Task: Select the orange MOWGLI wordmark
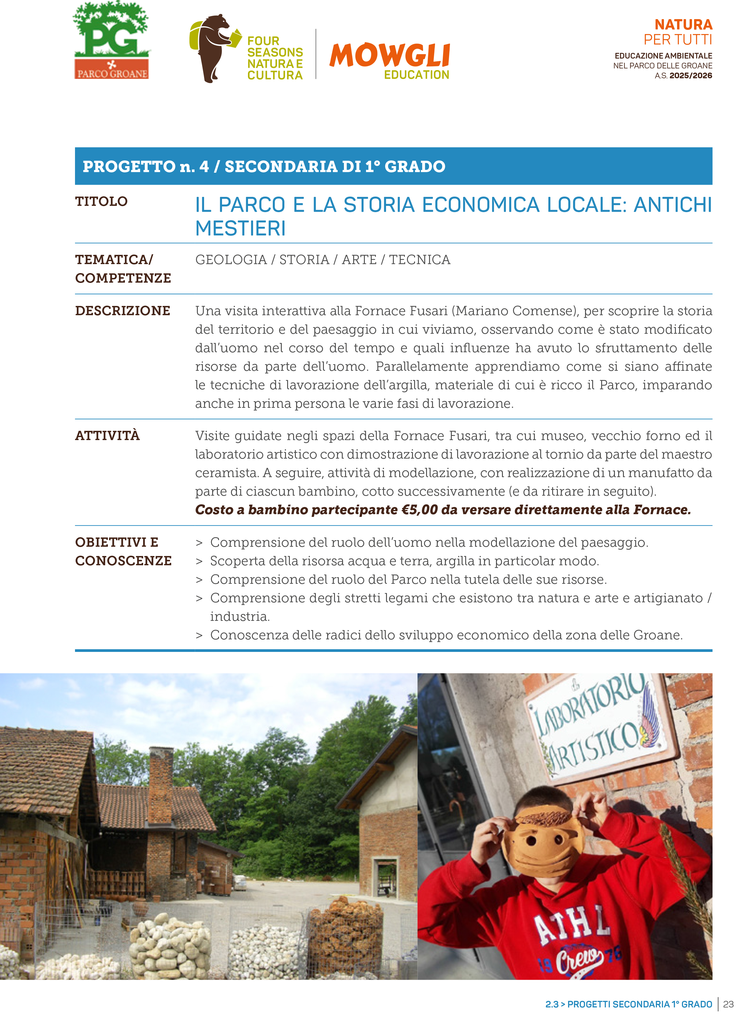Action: [x=389, y=56]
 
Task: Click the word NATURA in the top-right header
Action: [x=683, y=25]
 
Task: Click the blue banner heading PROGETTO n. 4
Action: [x=264, y=166]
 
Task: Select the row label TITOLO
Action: [x=101, y=201]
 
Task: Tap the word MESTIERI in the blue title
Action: [x=241, y=228]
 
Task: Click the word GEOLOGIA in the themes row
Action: [x=231, y=260]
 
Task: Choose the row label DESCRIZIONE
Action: [x=123, y=311]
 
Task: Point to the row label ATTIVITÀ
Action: [x=107, y=436]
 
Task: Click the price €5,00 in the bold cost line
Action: [x=420, y=510]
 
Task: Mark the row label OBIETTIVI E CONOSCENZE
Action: [x=123, y=552]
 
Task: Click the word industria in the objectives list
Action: [x=240, y=617]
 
